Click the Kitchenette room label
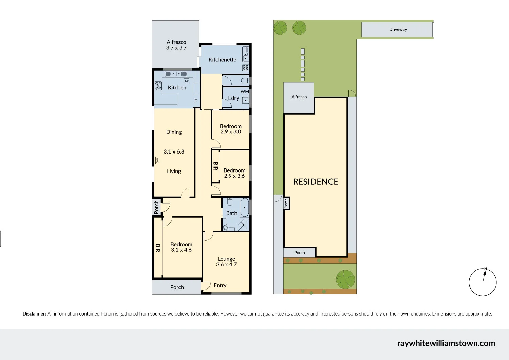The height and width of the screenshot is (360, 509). pyautogui.click(x=222, y=60)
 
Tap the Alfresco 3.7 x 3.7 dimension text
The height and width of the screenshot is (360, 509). pyautogui.click(x=176, y=48)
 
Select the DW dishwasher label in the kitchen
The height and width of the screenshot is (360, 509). pyautogui.click(x=186, y=81)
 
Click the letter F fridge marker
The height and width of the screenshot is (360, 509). pyautogui.click(x=196, y=101)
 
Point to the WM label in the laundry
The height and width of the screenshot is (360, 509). pyautogui.click(x=245, y=92)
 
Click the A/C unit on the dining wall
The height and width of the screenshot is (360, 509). pyautogui.click(x=157, y=160)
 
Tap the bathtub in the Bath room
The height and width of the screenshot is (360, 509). pyautogui.click(x=244, y=208)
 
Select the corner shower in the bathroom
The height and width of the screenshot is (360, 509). pyautogui.click(x=244, y=225)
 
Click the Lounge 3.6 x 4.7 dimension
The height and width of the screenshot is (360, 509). pyautogui.click(x=226, y=265)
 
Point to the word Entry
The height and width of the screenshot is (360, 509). pyautogui.click(x=220, y=285)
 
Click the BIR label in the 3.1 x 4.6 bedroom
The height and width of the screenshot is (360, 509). pyautogui.click(x=158, y=248)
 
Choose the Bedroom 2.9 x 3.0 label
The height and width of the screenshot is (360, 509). pyautogui.click(x=231, y=129)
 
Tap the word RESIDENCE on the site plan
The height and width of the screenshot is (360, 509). pyautogui.click(x=316, y=182)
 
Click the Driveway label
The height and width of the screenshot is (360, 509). pyautogui.click(x=398, y=29)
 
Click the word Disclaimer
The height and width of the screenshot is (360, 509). pyautogui.click(x=34, y=314)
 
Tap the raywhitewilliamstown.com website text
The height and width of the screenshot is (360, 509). pyautogui.click(x=446, y=343)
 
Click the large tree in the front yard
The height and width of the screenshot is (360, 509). pyautogui.click(x=345, y=279)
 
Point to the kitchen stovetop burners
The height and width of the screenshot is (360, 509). pyautogui.click(x=158, y=86)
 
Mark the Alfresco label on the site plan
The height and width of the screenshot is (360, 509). pyautogui.click(x=299, y=97)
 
